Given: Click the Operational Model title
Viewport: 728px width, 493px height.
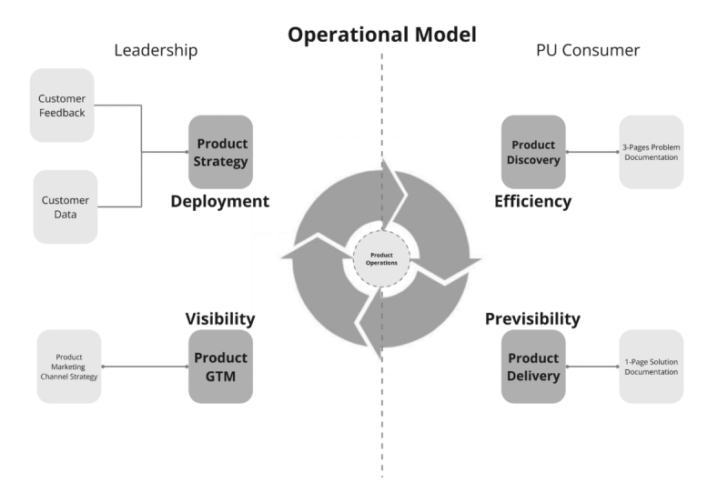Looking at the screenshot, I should (382, 35).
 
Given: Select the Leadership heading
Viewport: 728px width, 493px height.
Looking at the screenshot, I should (156, 50).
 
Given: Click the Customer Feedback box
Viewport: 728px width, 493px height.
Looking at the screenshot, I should (62, 105).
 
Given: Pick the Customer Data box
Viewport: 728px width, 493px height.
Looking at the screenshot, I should (65, 206).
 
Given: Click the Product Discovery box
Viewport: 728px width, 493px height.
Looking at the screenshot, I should (533, 152).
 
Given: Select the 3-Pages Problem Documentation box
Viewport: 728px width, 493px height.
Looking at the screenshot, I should (651, 152).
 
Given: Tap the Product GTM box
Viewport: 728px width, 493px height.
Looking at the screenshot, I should (219, 367).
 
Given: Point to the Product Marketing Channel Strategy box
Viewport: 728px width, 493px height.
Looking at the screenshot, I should (69, 367).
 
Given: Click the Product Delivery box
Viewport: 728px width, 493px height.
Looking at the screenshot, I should (533, 367).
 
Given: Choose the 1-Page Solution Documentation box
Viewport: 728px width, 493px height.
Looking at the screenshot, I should (651, 367).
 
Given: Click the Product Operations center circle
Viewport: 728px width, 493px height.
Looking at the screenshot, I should (381, 258).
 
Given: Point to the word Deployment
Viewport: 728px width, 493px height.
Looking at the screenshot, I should (220, 201).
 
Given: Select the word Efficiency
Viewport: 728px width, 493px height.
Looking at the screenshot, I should (532, 201).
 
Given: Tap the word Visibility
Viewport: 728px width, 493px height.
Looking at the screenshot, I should (220, 318).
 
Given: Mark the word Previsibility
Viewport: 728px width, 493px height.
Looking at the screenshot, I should (532, 318).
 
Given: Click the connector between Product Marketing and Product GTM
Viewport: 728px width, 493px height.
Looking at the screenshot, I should (145, 367).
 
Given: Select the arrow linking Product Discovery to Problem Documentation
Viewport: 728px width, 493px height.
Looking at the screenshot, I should (592, 152).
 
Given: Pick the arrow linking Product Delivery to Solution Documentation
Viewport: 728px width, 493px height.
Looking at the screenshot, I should (592, 367).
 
